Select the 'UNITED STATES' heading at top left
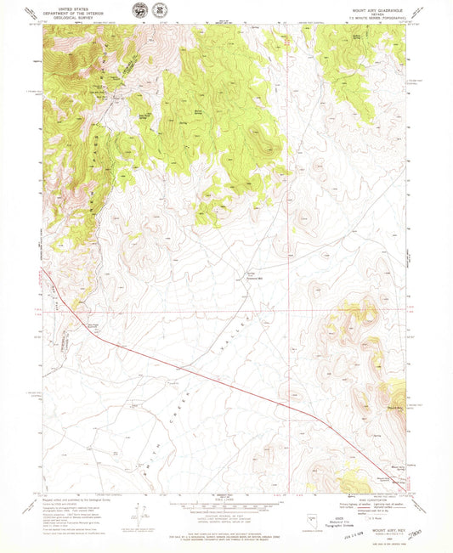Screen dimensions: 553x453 click(x=71, y=7)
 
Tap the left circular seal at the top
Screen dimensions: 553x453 click(x=138, y=11)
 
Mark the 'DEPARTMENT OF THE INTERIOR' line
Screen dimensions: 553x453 click(x=71, y=11)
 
